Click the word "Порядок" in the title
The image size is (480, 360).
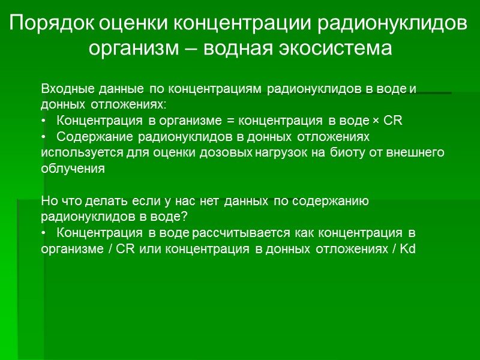coord(52,24)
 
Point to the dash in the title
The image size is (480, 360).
coord(193,47)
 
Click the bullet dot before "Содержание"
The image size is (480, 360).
coord(43,137)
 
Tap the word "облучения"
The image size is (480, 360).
coord(73,169)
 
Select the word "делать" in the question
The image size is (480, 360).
coord(107,201)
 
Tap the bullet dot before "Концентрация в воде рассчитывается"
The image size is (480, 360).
coord(43,232)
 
